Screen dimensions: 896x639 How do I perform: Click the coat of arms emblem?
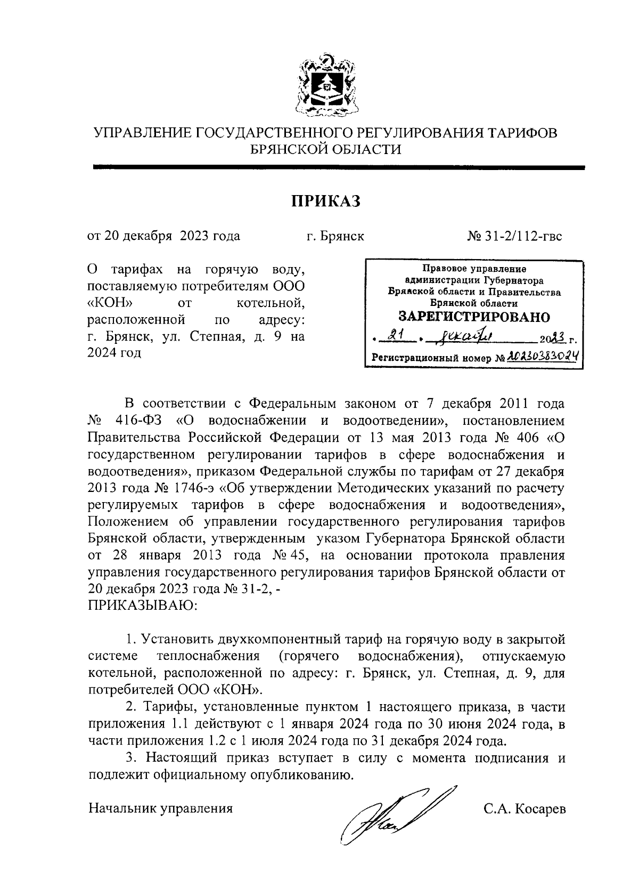point(326,85)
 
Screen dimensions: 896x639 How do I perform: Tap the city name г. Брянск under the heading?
point(335,236)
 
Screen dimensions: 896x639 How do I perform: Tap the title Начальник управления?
point(160,809)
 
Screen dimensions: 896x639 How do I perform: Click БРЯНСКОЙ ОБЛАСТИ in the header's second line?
point(326,149)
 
